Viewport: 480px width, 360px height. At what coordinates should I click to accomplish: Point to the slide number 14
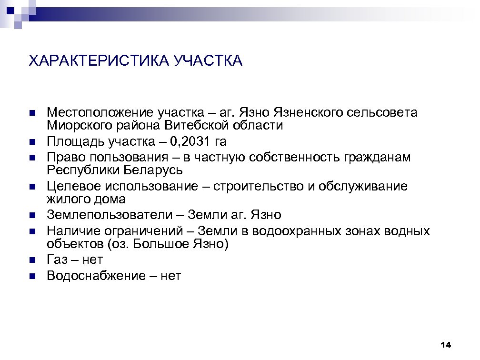[x=446, y=344]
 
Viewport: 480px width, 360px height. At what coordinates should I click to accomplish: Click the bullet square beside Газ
[x=32, y=260]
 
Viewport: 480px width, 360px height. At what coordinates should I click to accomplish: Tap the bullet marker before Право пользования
[x=32, y=157]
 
